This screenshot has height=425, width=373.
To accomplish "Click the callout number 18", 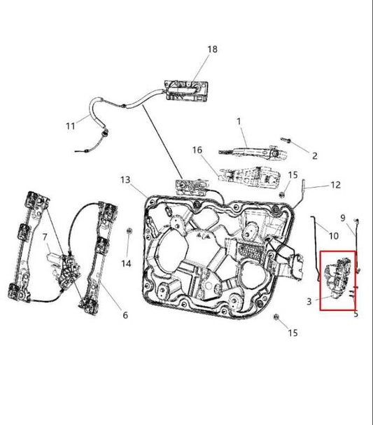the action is tap(212, 49).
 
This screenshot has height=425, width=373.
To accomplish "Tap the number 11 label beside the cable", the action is tap(71, 126).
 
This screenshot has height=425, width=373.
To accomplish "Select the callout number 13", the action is tap(125, 180).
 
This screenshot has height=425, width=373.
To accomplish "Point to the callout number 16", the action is tap(197, 150).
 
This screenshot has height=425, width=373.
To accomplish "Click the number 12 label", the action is tap(335, 185).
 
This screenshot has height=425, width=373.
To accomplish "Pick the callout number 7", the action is tap(45, 237).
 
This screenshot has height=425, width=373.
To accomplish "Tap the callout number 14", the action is tap(126, 263).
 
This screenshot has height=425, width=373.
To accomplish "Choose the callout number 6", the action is tap(125, 315).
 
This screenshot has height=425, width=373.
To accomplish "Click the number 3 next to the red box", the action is tap(309, 301).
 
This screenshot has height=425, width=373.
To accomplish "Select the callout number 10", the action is tap(333, 236).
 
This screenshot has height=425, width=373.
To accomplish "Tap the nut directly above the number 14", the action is tap(129, 231).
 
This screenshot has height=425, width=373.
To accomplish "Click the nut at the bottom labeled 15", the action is tap(276, 317).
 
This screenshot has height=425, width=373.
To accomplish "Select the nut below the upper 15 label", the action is tap(282, 194).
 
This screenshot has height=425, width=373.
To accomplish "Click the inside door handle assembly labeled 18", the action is tap(187, 91).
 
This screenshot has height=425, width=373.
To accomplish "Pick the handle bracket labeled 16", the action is tap(249, 177).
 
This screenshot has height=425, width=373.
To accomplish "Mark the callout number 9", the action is tap(343, 218).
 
